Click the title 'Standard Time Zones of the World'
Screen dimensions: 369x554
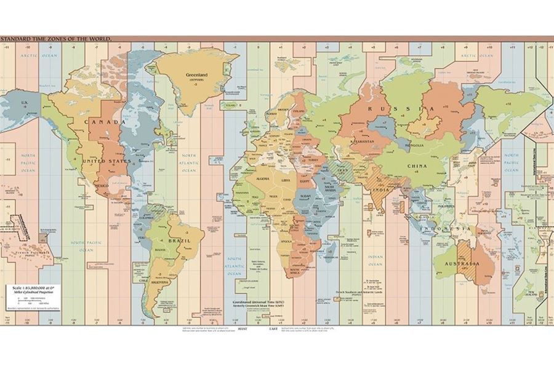[55, 39]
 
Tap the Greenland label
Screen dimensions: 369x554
[194, 76]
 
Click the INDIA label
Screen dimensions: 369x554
[380, 190]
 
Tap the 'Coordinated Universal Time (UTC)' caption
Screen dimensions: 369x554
[259, 303]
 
